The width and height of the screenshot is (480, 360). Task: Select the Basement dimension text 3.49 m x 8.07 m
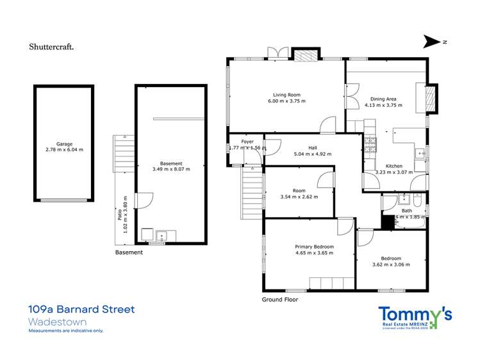(170, 169)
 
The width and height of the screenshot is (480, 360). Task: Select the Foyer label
(247, 142)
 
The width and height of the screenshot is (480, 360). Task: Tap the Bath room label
(406, 210)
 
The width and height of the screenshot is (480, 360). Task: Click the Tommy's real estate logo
(415, 317)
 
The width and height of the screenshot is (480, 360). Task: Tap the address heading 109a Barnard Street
(82, 309)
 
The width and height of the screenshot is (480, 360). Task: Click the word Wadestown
(58, 322)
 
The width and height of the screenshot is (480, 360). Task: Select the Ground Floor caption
(280, 299)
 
